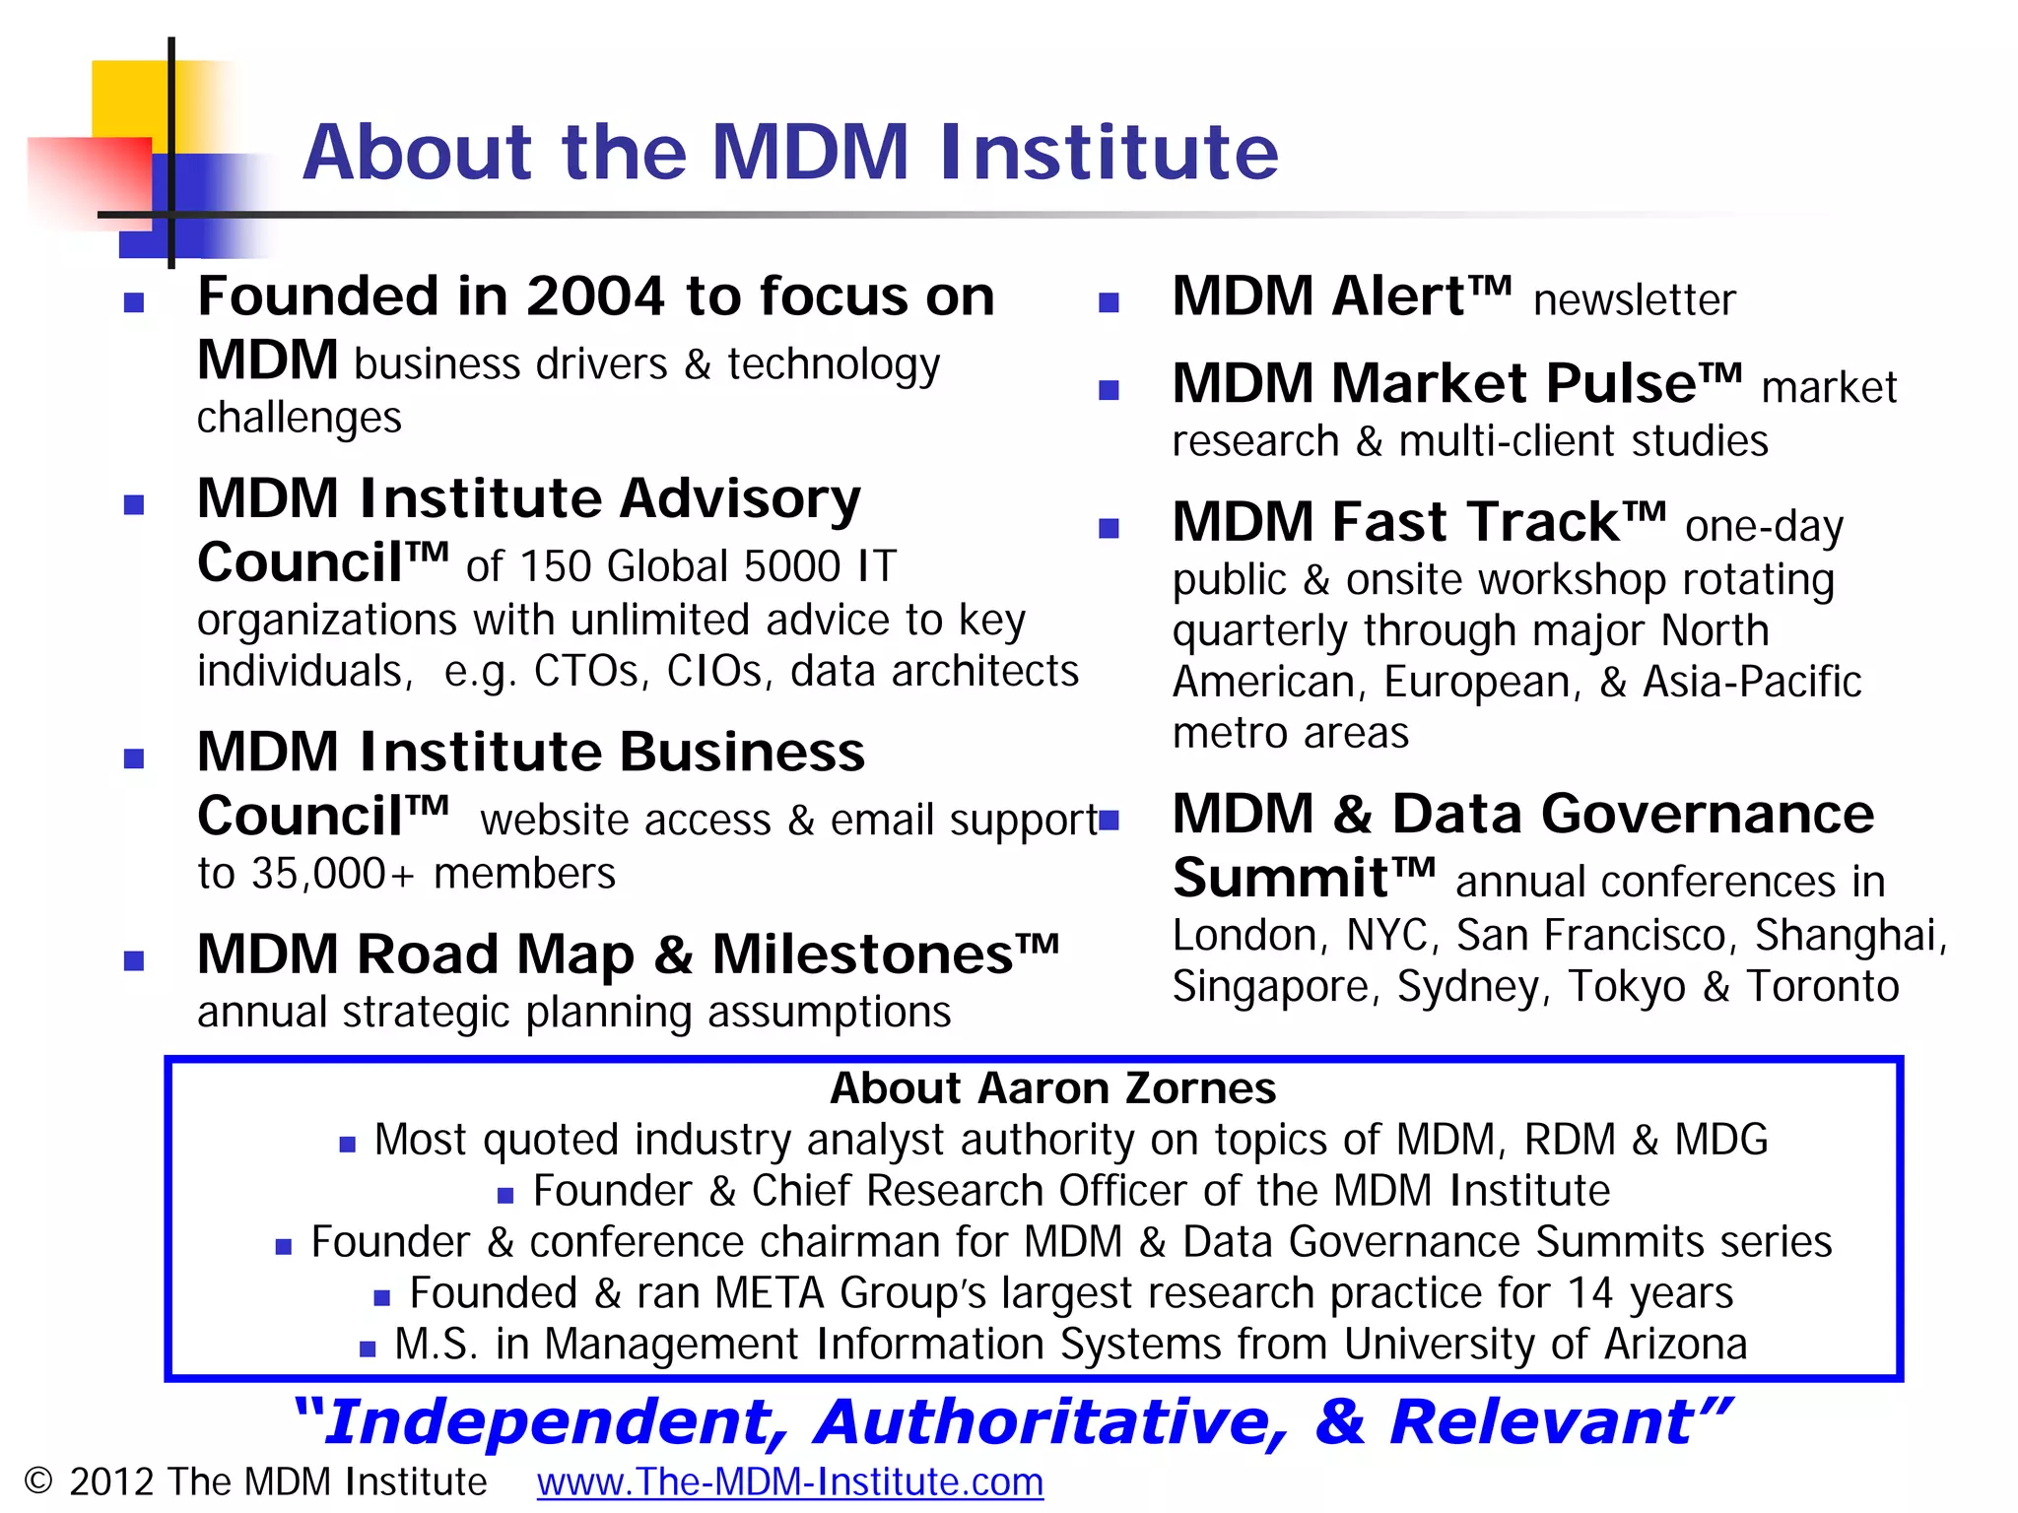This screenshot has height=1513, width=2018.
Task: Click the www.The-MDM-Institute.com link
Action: pos(789,1482)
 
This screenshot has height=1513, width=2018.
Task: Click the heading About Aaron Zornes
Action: pos(1052,1088)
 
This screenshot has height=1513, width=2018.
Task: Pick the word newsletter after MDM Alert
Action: pos(1634,300)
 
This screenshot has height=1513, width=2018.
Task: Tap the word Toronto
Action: pos(1822,987)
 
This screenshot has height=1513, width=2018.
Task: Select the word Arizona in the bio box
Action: pos(1675,1345)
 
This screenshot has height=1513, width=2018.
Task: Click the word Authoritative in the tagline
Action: pos(1050,1423)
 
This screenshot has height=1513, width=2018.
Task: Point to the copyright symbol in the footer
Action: pos(37,1481)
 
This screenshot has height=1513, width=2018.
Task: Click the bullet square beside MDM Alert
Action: pos(1109,302)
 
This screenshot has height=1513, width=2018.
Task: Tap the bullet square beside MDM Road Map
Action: pos(134,960)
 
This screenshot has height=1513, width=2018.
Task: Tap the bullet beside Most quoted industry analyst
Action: pos(347,1144)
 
